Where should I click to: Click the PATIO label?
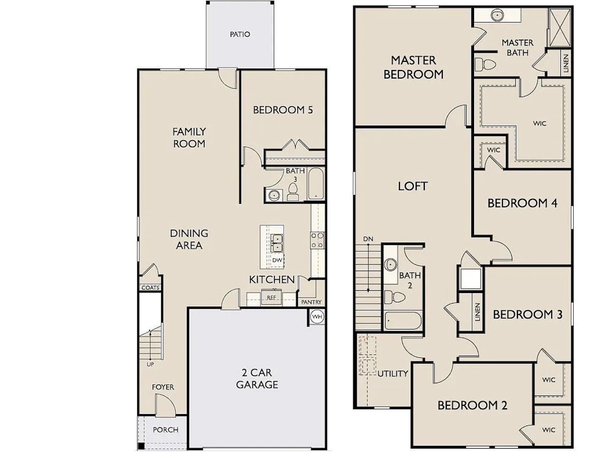(240, 34)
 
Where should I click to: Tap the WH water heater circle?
(317, 317)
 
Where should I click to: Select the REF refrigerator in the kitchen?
(271, 297)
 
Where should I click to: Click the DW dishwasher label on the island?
(277, 260)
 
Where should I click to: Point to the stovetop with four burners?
(317, 240)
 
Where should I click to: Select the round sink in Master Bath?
(497, 15)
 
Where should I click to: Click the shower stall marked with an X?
(560, 27)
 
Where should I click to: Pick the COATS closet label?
(151, 287)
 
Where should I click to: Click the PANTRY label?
(311, 302)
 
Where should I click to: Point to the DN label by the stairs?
(368, 239)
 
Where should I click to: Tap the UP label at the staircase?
(150, 364)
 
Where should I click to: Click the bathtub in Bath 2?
(403, 321)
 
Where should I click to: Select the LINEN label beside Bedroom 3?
(477, 312)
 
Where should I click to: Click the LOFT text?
(413, 186)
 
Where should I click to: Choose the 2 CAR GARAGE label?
(257, 378)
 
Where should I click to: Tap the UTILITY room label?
(392, 373)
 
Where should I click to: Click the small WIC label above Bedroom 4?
(493, 150)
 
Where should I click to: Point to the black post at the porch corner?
(141, 446)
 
